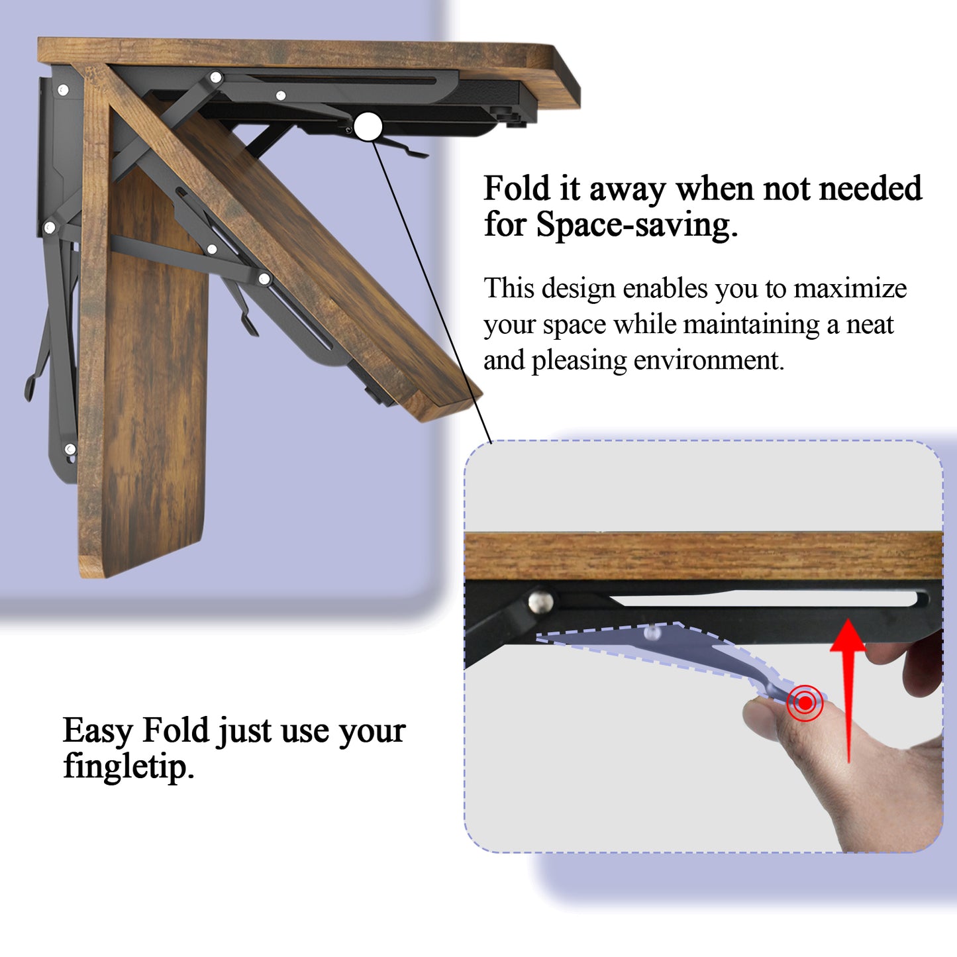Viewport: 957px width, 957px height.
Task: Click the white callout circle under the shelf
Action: [368, 126]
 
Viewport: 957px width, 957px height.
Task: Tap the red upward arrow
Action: [848, 690]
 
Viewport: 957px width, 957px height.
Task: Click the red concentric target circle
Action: [805, 703]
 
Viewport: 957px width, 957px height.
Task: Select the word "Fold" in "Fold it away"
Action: [517, 188]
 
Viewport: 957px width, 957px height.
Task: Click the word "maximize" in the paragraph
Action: [850, 289]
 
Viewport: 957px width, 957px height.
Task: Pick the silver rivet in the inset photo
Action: [541, 601]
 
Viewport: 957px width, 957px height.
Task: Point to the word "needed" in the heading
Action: [870, 188]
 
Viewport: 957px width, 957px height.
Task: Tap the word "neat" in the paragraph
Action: [870, 325]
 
